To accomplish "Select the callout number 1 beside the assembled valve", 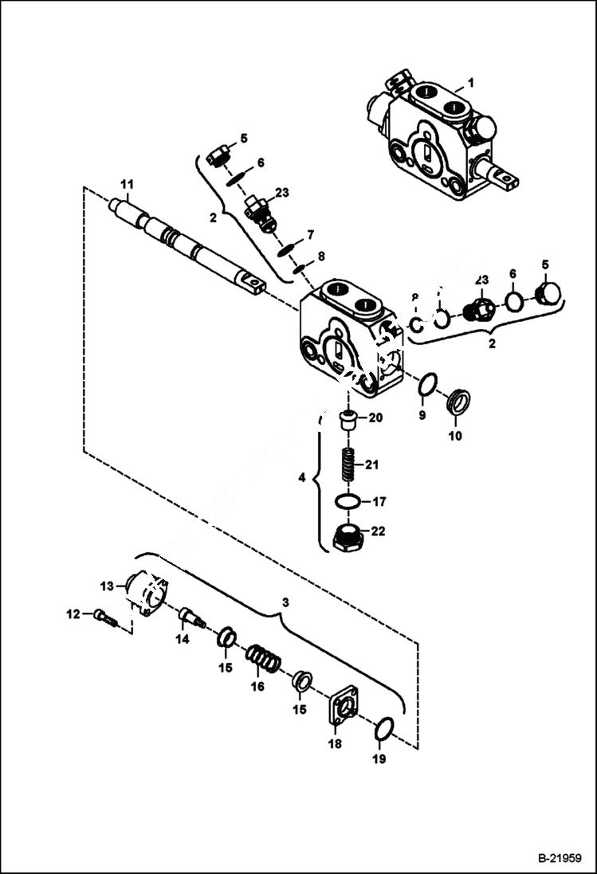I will coord(470,82).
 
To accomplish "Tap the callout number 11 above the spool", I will coord(126,185).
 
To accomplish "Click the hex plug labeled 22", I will coord(348,538).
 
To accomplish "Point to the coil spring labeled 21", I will coord(348,465).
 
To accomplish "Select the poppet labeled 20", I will coord(348,419).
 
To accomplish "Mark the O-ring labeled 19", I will coord(384,728).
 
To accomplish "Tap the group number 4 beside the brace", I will coord(301,479).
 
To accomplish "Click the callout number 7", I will coord(310,234).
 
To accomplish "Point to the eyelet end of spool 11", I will coord(252,281).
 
